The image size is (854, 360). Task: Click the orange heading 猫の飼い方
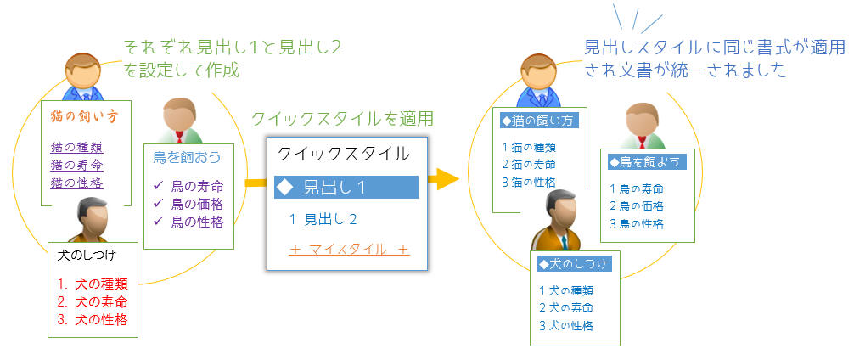(84, 116)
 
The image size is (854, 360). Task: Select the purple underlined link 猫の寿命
(76, 165)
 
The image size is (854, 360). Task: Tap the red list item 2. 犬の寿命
(93, 301)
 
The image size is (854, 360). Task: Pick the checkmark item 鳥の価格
(188, 205)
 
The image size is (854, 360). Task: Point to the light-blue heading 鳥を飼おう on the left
(187, 157)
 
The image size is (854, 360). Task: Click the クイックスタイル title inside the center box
(344, 155)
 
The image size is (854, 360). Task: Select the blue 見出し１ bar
(346, 188)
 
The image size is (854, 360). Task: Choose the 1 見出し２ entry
(323, 220)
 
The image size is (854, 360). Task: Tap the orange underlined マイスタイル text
(349, 250)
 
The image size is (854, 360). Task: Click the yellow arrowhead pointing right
(447, 178)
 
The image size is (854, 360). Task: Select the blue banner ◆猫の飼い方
(539, 121)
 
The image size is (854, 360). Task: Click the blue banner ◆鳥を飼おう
(647, 162)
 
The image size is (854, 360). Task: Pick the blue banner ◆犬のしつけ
(575, 264)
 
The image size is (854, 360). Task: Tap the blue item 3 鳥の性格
(636, 224)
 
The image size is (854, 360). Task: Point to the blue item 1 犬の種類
(566, 290)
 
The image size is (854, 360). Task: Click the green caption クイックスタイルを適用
(343, 118)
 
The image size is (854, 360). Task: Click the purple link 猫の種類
(76, 147)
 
